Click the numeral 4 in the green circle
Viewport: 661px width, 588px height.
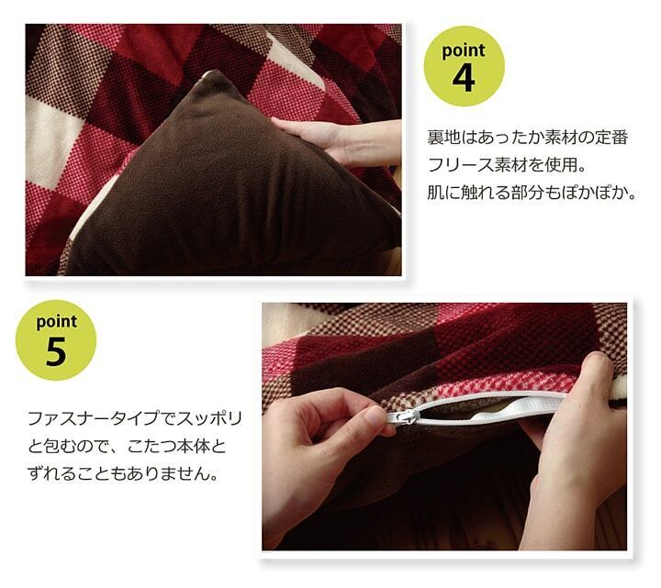464,78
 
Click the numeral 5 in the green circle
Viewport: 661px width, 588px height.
57,351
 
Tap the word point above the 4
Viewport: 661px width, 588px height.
464,50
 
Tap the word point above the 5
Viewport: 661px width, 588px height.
57,322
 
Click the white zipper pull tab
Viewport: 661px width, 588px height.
403,417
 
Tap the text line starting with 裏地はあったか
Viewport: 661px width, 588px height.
528,138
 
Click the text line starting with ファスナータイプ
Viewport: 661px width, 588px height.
135,418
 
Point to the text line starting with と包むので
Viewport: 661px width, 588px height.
127,446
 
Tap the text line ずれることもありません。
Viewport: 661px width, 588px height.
124,473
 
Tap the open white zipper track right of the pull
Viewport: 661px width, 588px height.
485,405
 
